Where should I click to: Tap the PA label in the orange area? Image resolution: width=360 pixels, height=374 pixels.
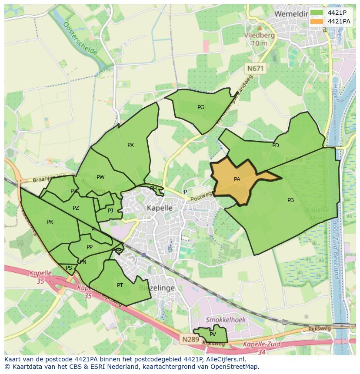click(x=237, y=179)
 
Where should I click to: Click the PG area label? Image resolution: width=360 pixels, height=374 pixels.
click(x=201, y=107)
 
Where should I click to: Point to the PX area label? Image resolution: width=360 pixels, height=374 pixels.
click(x=130, y=145)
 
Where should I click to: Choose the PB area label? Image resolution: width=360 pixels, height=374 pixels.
click(x=290, y=200)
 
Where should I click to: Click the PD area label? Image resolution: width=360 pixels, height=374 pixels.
click(x=276, y=146)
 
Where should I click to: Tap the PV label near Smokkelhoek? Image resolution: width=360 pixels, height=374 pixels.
click(x=213, y=334)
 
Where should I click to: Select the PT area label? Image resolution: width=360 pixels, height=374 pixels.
click(x=120, y=285)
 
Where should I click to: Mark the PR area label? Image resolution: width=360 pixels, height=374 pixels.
click(x=50, y=222)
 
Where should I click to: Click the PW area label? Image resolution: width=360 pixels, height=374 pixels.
click(x=100, y=177)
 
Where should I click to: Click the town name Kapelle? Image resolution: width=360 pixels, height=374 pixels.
click(x=160, y=208)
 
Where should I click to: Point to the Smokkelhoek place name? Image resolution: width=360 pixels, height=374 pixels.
click(x=226, y=320)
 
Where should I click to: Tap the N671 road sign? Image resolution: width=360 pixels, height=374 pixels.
click(x=256, y=69)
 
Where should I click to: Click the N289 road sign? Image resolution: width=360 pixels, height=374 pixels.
click(x=190, y=339)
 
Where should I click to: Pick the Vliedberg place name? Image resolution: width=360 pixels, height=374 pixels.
click(x=259, y=36)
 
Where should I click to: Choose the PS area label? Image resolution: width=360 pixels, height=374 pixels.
click(x=69, y=268)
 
